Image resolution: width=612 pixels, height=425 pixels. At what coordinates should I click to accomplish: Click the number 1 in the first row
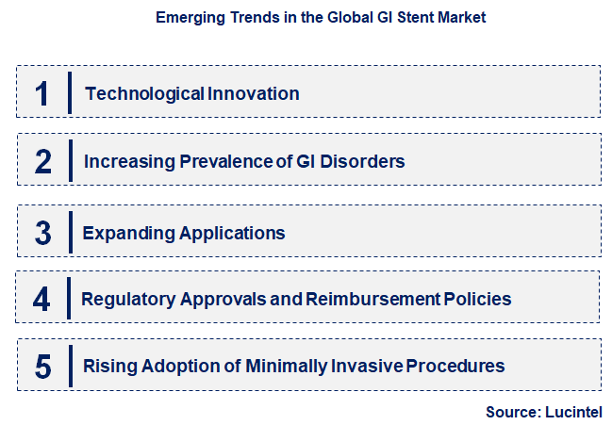[x=41, y=93]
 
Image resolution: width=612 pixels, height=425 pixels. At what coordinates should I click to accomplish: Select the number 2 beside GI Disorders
[x=42, y=161]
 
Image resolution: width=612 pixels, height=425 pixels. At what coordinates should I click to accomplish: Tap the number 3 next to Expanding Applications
[x=42, y=232]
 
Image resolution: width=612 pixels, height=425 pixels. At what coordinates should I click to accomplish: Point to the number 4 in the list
[x=41, y=300]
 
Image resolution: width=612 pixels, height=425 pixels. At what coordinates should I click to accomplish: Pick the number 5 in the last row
[x=42, y=367]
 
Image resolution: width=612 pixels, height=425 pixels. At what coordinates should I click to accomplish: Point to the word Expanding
[x=122, y=232]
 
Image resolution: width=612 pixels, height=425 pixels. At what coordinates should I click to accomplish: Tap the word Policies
[x=477, y=300]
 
